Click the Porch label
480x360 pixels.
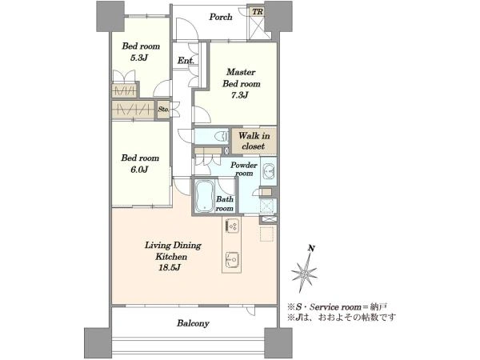tap(221, 17)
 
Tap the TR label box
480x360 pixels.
tap(257, 12)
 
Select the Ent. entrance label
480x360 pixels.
tap(186, 61)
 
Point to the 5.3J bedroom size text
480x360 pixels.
tap(139, 58)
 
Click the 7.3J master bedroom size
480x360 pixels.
tap(239, 95)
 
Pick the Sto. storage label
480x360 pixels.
tap(164, 109)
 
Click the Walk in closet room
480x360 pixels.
tap(254, 141)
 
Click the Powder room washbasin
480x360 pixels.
tap(269, 171)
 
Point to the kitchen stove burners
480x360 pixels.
tap(232, 226)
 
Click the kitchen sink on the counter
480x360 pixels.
tap(232, 260)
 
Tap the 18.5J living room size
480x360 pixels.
tap(169, 268)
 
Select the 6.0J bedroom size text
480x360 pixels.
tap(139, 170)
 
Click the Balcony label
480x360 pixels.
tap(193, 323)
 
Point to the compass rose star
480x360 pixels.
tap(304, 273)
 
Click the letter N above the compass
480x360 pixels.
tap(312, 248)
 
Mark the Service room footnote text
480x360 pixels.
tap(338, 306)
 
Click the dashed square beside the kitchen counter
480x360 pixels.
tap(266, 234)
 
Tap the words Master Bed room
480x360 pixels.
tap(242, 78)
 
